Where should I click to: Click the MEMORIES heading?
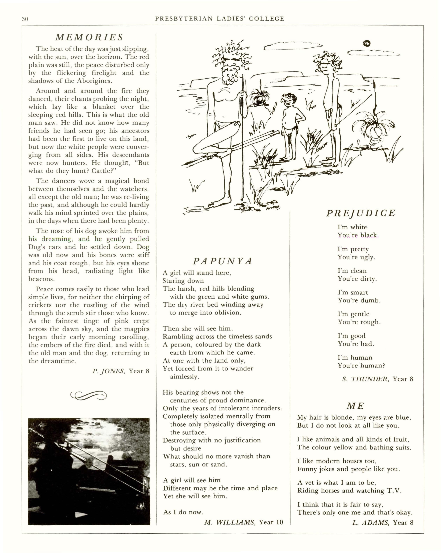click(x=89, y=37)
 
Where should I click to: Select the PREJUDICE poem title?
click(x=361, y=213)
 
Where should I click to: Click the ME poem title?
click(x=355, y=406)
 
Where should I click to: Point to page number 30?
click(x=25, y=19)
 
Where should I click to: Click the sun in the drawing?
click(x=367, y=43)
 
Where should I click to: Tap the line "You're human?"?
click(x=361, y=366)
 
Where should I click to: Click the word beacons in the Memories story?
click(x=41, y=279)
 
